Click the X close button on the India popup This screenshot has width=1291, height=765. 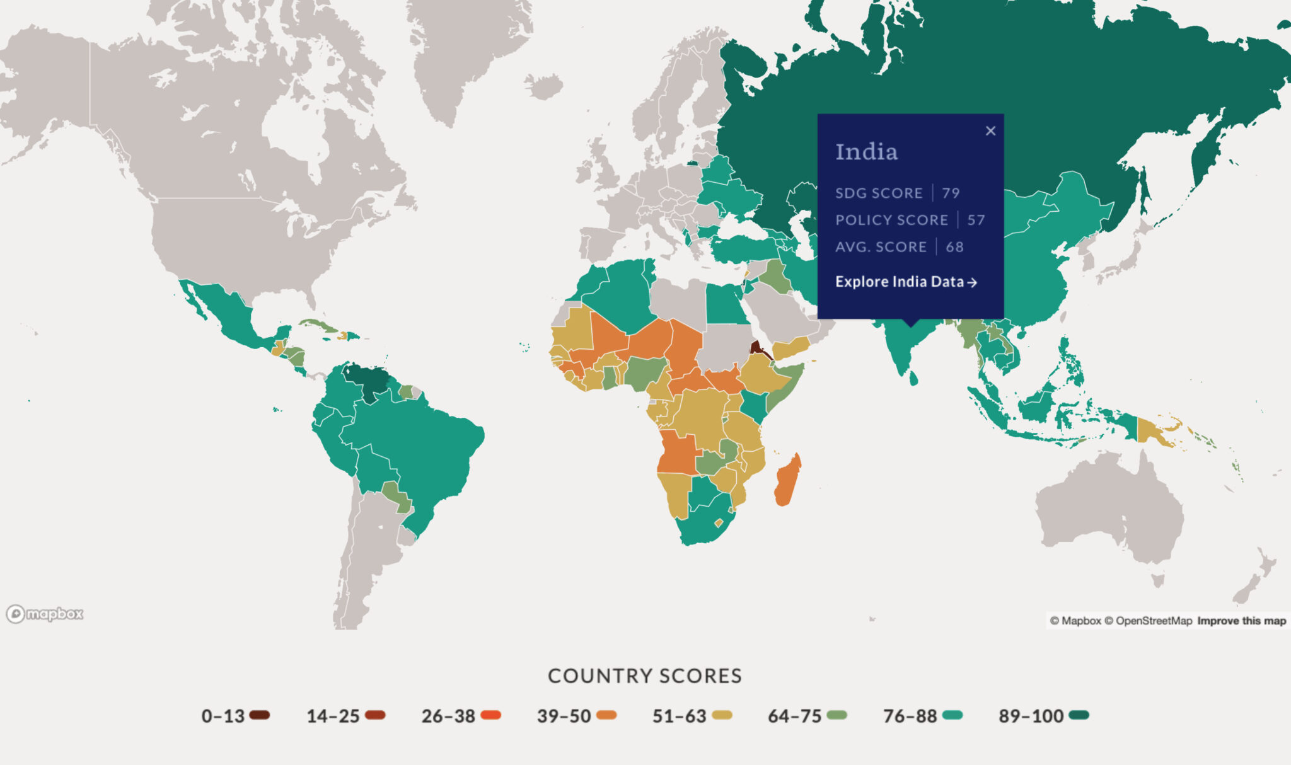pos(990,131)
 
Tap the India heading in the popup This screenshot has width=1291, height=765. pos(866,152)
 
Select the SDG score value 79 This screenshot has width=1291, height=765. pos(951,193)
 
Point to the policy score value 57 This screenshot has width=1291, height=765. pos(976,220)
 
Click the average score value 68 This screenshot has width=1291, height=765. pos(954,247)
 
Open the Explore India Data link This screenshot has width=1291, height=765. pos(906,282)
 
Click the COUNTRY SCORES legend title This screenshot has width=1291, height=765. pos(645,676)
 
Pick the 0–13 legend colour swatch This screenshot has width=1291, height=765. pos(259,715)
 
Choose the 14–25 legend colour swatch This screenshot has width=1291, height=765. pos(375,715)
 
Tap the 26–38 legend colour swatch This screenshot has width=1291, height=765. pos(490,715)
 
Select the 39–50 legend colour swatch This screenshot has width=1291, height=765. pos(606,715)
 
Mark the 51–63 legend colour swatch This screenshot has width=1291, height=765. pos(722,715)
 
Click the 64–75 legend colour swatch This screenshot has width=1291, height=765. pos(837,715)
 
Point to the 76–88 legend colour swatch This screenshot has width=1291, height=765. pos(952,715)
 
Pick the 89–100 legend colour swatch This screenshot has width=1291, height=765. pos(1079,715)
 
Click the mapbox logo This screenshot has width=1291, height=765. pos(45,614)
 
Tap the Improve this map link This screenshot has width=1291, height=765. pos(1241,621)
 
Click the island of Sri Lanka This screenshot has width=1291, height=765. pos(913,379)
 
